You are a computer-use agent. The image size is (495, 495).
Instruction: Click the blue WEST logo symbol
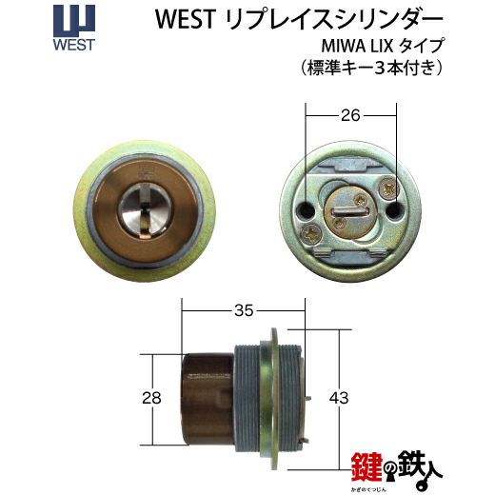(74, 21)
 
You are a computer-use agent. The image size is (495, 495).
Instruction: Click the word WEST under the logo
(74, 45)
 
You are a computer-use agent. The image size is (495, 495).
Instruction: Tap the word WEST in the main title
(186, 19)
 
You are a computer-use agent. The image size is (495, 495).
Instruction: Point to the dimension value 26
(350, 115)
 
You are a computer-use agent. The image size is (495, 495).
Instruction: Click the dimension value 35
(244, 310)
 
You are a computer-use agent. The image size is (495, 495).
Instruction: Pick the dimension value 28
(151, 398)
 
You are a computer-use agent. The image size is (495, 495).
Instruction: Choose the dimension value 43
(339, 398)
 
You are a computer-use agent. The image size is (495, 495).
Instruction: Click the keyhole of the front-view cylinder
(145, 210)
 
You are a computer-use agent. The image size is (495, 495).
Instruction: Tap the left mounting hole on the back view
(307, 209)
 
